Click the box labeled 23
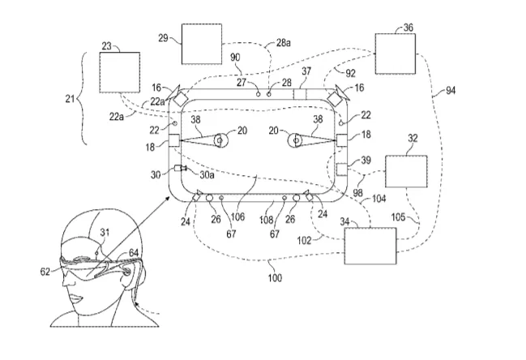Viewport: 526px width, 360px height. click(120, 72)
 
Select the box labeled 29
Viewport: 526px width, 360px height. click(202, 44)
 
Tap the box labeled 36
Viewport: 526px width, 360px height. click(396, 54)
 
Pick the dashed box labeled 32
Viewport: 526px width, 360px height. click(406, 171)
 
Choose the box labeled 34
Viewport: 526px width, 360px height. click(370, 246)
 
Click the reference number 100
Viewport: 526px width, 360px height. click(275, 278)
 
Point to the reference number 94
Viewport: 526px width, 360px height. click(450, 90)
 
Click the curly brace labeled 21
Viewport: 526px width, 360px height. click(82, 98)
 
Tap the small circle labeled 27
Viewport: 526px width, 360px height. click(258, 94)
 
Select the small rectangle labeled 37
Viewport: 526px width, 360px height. click(300, 94)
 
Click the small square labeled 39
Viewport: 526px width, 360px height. click(341, 169)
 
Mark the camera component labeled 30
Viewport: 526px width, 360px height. click(180, 169)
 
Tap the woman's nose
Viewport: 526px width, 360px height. click(69, 281)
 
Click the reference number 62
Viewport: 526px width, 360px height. click(45, 271)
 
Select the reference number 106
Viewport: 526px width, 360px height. click(237, 216)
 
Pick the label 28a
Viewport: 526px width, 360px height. click(284, 43)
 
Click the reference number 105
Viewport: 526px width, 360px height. click(398, 217)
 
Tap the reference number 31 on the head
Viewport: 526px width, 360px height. click(105, 232)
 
